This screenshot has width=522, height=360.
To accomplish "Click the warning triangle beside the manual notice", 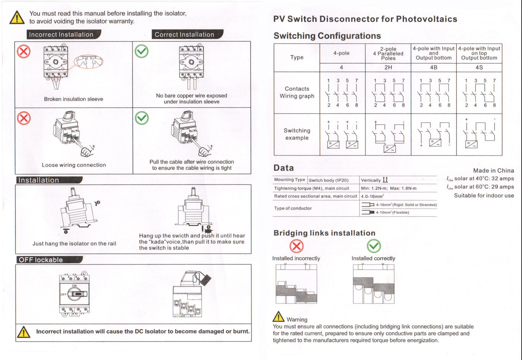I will [17, 17].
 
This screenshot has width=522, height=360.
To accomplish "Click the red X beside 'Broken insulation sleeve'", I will [24, 52].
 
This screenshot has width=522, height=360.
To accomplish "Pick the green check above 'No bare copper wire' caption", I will [142, 51].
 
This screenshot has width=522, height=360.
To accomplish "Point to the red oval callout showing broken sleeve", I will [88, 61].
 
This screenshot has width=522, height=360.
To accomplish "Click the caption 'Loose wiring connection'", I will [74, 165].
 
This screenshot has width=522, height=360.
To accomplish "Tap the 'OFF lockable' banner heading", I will [41, 260].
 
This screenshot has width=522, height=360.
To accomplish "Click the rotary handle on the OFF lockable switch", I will [76, 294].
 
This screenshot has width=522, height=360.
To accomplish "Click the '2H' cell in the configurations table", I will [388, 67].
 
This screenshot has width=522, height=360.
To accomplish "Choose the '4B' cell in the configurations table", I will [434, 67].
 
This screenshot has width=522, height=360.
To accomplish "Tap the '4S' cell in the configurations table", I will [479, 67].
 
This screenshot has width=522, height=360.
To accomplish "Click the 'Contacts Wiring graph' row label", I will [297, 92].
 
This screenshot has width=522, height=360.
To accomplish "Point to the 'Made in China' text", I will [493, 171].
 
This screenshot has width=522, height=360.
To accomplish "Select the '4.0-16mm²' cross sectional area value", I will [372, 197].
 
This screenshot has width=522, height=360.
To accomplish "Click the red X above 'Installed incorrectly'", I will [296, 246].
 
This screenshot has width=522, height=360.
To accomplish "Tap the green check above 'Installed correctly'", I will [374, 246].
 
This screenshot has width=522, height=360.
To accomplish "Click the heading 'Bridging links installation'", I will [324, 233].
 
